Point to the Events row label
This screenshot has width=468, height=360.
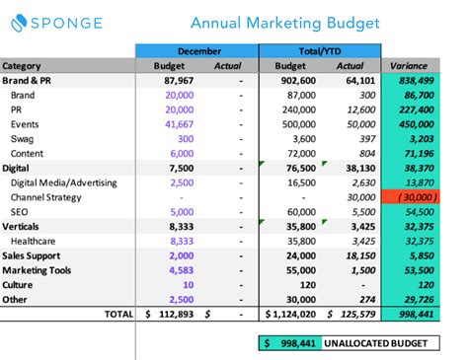pyautogui.click(x=26, y=125)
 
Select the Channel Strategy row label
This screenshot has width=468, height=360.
pyautogui.click(x=46, y=197)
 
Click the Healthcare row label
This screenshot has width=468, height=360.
pyautogui.click(x=36, y=241)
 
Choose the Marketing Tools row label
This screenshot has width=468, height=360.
pyautogui.click(x=38, y=269)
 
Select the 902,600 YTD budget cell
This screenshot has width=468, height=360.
pyautogui.click(x=290, y=81)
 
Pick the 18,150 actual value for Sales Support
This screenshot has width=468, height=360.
pyautogui.click(x=358, y=255)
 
